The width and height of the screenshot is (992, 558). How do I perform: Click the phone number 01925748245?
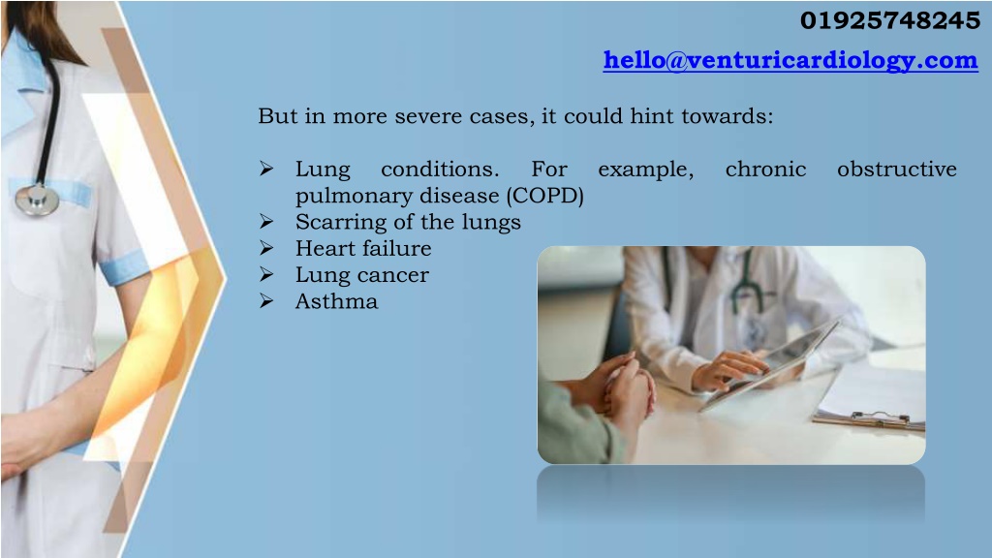pos(890,21)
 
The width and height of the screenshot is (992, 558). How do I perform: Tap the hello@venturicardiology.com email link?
pos(790,60)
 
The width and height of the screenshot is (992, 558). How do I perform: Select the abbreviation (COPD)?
pos(544,196)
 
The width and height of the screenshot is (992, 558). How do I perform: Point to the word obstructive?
pos(896,169)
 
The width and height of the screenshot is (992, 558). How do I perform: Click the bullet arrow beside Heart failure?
pos(266,248)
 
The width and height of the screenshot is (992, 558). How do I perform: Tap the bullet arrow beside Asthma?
pos(266,301)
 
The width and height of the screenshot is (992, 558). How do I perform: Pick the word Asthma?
pos(336,301)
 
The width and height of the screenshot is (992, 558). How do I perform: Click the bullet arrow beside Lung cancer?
pos(266,274)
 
